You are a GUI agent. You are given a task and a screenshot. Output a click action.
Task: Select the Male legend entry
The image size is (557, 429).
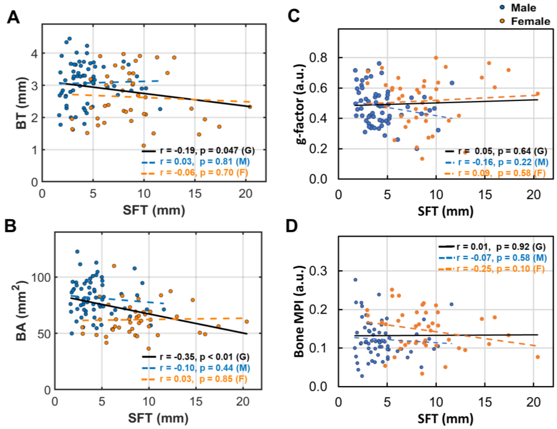[523, 8]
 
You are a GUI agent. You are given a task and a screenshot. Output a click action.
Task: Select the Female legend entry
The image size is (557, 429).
[530, 21]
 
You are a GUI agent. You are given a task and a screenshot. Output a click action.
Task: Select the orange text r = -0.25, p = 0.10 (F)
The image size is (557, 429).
[500, 269]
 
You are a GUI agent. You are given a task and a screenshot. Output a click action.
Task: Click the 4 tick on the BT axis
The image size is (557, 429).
[34, 53]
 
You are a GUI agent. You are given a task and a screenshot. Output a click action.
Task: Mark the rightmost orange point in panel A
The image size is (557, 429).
[250, 107]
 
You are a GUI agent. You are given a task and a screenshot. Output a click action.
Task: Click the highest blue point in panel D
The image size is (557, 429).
[355, 280]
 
